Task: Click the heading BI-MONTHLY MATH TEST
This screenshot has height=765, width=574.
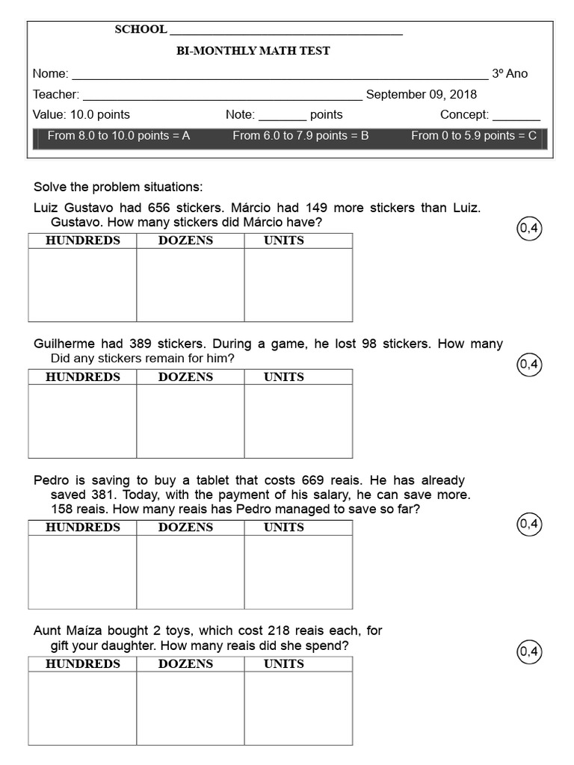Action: (253, 51)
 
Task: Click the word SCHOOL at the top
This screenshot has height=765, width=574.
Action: (141, 30)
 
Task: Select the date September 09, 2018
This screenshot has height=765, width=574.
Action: (422, 95)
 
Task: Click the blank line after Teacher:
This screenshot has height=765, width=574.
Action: (222, 96)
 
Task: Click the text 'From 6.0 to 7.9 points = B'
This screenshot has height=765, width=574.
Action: (300, 136)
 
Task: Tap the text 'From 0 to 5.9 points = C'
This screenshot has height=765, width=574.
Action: (474, 136)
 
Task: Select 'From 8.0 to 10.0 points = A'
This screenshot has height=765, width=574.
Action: (119, 136)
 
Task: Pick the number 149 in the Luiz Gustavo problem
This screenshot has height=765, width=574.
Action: (317, 208)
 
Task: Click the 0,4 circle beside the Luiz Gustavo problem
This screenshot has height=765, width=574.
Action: (529, 229)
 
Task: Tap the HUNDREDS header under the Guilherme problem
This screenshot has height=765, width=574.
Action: (82, 377)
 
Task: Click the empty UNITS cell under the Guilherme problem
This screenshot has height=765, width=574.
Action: (298, 421)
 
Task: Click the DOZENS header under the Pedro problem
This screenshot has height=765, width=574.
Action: (185, 527)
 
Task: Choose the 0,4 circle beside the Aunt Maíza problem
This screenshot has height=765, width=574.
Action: (529, 651)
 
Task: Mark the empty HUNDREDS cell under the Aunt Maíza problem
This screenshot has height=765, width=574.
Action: (82, 707)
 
